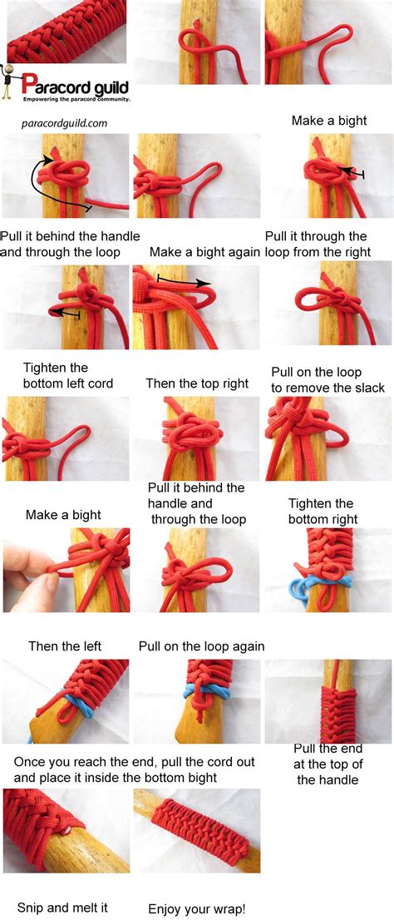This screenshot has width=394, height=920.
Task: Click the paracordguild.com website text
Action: [64, 123]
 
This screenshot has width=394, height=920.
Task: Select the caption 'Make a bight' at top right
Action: [329, 121]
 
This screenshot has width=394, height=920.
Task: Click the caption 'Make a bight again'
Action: [204, 251]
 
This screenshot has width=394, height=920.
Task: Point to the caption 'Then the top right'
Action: [197, 383]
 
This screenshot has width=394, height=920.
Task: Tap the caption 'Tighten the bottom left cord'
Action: [57, 375]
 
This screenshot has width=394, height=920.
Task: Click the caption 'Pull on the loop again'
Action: [201, 646]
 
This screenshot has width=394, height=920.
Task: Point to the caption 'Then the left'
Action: [65, 645]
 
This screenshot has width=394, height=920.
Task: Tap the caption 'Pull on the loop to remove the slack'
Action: [328, 380]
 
